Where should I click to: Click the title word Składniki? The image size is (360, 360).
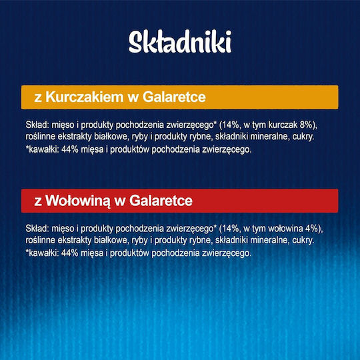180,41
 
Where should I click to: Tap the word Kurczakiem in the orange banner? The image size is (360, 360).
85,97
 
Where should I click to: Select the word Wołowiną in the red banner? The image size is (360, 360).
77,201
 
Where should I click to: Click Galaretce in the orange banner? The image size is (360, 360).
174,97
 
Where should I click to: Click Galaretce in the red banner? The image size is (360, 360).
161,201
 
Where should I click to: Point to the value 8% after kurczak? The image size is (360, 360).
306,125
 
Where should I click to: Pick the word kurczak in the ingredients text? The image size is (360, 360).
283,125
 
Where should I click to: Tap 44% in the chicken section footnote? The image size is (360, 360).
67,149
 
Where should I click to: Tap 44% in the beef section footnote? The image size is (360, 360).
67,253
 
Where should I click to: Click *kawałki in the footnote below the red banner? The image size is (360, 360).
41,253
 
